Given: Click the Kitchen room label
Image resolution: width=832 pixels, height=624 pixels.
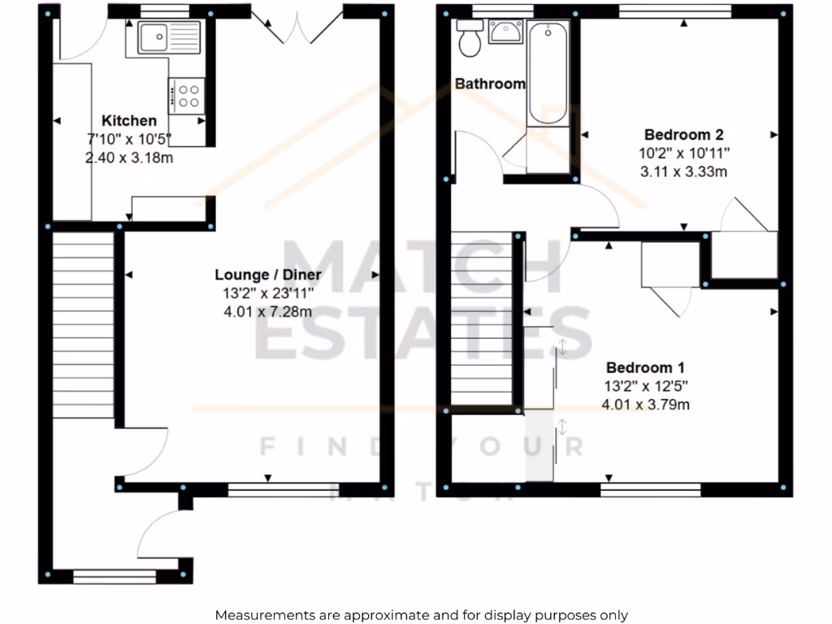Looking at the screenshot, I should pyautogui.click(x=129, y=121).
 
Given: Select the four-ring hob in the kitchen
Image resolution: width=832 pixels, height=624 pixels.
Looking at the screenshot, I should pyautogui.click(x=188, y=96).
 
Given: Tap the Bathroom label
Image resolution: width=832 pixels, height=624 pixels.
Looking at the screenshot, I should pyautogui.click(x=489, y=84).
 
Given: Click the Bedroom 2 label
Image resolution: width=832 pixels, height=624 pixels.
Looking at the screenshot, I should pyautogui.click(x=683, y=135).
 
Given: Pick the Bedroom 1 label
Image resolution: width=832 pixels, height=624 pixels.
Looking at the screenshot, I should pyautogui.click(x=639, y=368).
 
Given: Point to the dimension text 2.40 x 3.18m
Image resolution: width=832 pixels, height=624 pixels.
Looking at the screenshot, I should pyautogui.click(x=129, y=158).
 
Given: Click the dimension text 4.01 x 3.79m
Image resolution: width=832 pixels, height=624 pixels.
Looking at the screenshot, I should pyautogui.click(x=645, y=404).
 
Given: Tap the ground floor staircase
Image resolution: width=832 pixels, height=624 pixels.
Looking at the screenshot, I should pyautogui.click(x=84, y=325).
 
